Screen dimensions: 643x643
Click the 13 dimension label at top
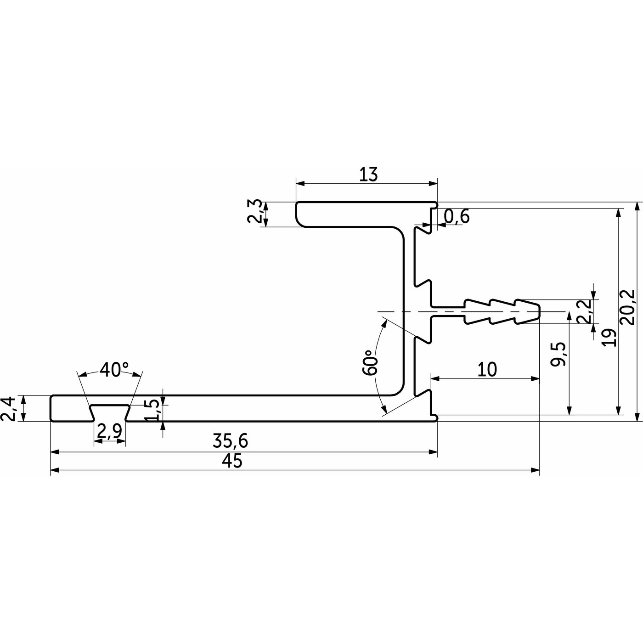(368, 175)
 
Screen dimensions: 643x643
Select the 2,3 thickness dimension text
(256, 211)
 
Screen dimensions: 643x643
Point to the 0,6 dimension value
(457, 216)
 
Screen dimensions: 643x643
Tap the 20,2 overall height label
(627, 307)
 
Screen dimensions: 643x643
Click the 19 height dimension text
(609, 338)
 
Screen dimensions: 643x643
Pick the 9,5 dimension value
(558, 354)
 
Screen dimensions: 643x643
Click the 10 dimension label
(487, 369)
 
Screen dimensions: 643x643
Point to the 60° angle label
(370, 363)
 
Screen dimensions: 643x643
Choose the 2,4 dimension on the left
(11, 408)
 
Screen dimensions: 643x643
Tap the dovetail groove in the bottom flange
(110, 411)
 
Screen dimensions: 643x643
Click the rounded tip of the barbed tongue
(537, 311)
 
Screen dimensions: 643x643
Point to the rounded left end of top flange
(298, 214)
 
